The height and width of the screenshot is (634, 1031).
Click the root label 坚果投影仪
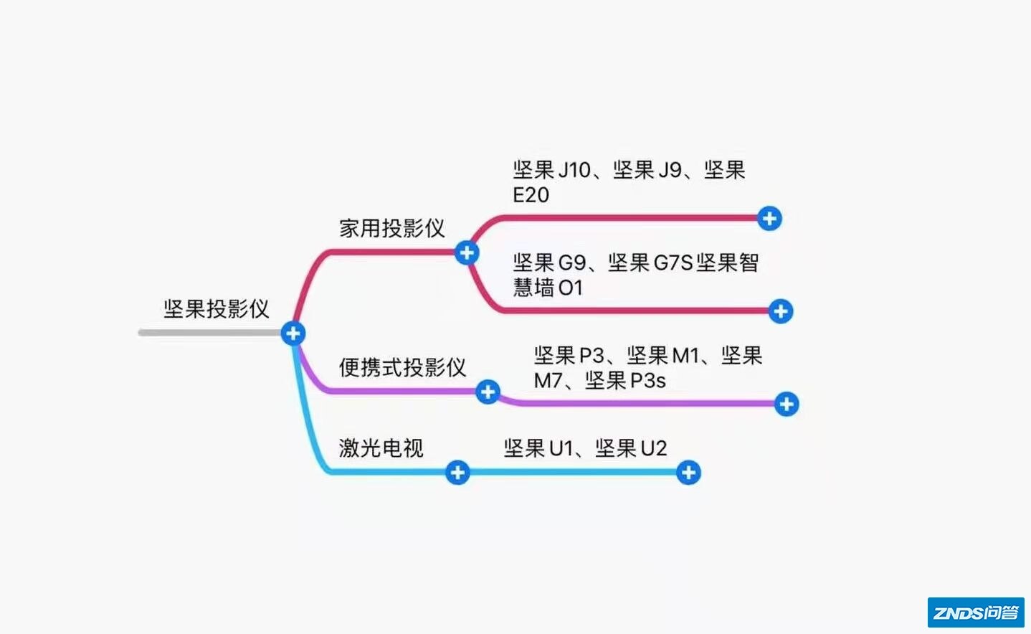coord(217,309)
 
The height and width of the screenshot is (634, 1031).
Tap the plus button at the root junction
coord(293,333)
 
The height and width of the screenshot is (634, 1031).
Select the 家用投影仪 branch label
coord(392,229)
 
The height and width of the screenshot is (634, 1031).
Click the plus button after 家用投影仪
coord(467,252)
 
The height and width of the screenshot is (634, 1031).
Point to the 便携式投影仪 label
coord(402,367)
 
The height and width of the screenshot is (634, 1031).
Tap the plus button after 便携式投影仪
coord(488,392)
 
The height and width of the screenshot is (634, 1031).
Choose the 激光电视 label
coord(381,448)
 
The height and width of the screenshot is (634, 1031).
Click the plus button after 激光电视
coord(457,473)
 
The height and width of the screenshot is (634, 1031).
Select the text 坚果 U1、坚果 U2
coord(585,448)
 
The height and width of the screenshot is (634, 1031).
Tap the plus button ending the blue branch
coord(688,473)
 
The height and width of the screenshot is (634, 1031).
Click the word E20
coord(531,195)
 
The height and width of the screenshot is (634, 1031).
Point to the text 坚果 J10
coord(551,170)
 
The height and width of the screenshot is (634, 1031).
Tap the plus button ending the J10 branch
coord(769,218)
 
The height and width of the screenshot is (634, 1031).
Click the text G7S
coord(673,263)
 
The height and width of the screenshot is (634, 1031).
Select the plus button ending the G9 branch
coord(780,311)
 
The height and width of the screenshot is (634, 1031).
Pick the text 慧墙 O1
coord(548,288)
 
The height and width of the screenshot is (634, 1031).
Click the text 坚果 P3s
coord(625,381)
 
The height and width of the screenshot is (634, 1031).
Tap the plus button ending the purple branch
coord(787,404)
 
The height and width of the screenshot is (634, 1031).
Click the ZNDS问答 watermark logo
coord(976,612)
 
